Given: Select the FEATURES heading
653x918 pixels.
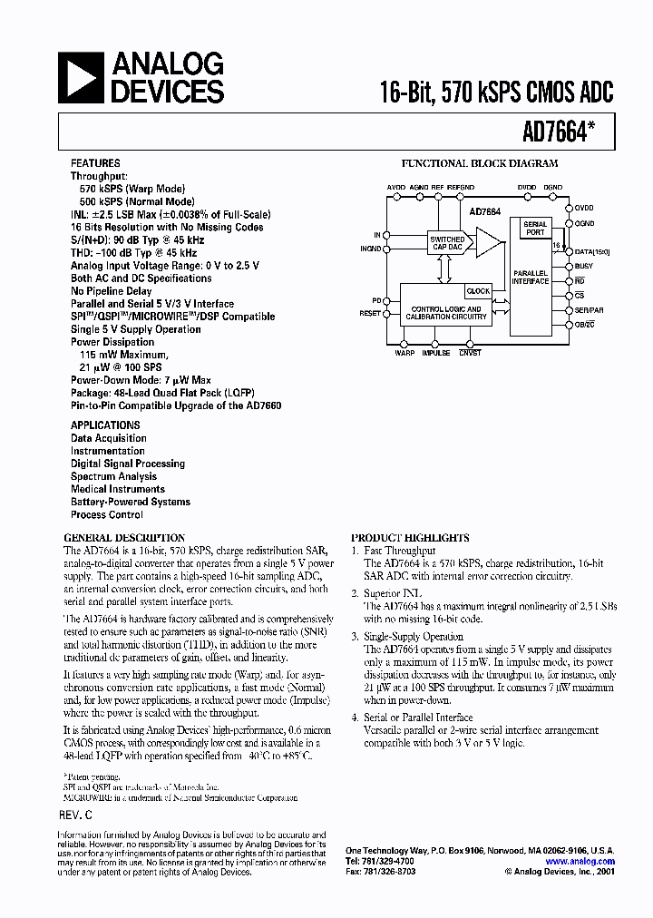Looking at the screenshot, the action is click(x=95, y=163).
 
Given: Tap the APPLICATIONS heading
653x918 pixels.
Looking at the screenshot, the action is click(x=105, y=425).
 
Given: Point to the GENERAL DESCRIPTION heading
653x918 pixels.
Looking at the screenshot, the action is click(x=125, y=538).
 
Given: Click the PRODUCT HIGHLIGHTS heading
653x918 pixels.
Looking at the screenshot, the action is click(x=410, y=538).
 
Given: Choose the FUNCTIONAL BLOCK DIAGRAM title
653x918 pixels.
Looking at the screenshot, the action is click(x=480, y=164).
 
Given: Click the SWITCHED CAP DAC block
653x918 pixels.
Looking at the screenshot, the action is click(x=446, y=242).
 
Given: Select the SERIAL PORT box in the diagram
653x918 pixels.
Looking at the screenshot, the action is click(x=535, y=229).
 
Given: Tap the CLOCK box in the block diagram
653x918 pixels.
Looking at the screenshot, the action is click(x=478, y=291).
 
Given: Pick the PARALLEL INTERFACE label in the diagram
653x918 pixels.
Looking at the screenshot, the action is click(x=531, y=277).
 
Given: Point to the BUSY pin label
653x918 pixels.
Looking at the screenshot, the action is click(x=583, y=266).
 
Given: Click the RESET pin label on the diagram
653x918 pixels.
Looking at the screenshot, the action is click(x=370, y=313).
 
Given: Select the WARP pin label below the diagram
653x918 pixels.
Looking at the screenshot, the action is click(x=404, y=353).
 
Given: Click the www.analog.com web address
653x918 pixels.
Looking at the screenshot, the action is click(x=580, y=862).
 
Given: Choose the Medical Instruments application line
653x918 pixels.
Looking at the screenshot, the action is click(x=118, y=489).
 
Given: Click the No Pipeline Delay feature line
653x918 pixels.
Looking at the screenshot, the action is click(x=114, y=291).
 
